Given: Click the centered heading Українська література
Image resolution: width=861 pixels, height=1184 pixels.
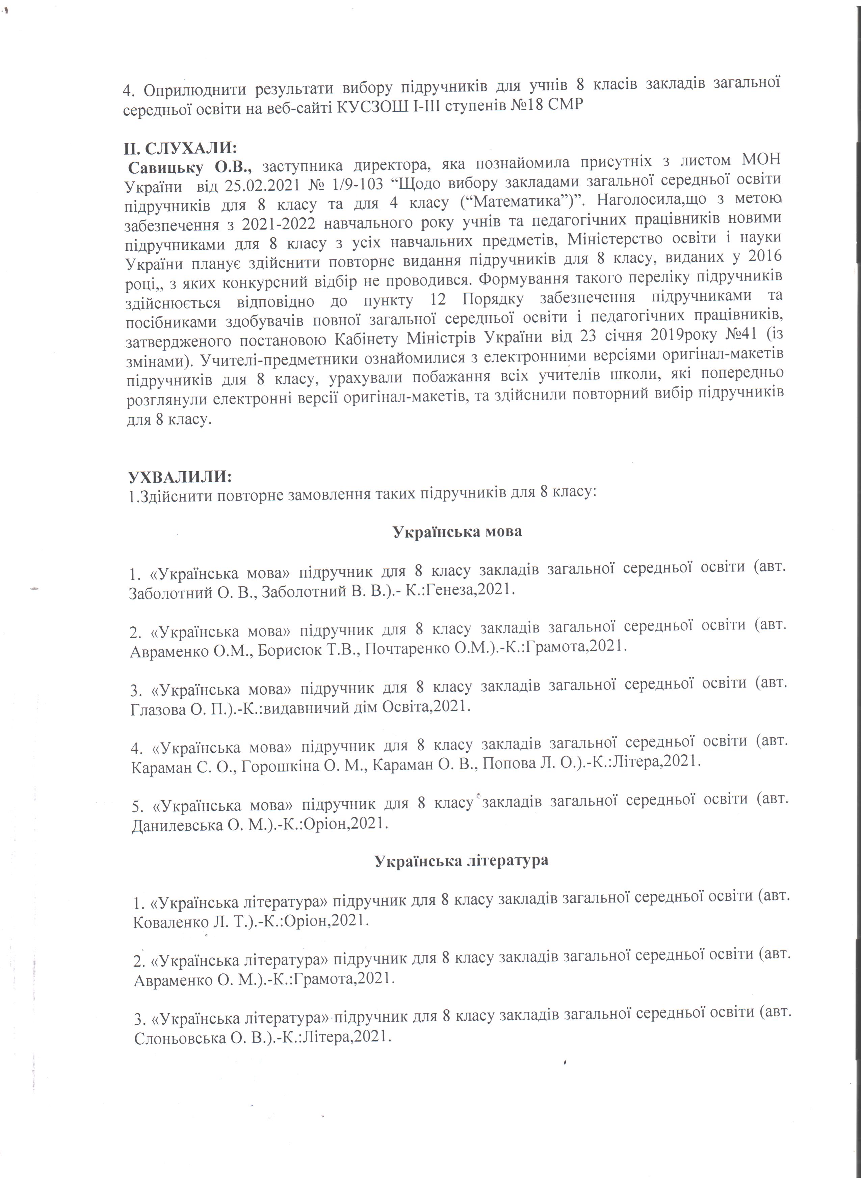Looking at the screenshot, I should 462,860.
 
